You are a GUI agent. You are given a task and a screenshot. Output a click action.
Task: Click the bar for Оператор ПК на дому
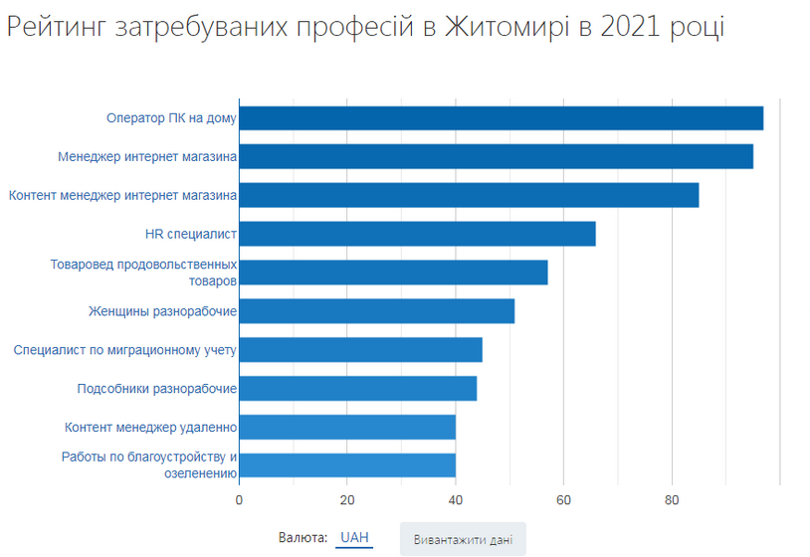click(502, 118)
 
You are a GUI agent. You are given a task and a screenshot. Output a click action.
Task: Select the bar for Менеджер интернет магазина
click(496, 157)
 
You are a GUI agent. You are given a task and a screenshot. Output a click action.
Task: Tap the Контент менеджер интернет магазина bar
click(469, 195)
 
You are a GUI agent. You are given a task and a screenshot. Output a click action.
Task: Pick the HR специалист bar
click(417, 234)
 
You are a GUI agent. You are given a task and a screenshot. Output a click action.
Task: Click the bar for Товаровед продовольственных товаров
click(393, 273)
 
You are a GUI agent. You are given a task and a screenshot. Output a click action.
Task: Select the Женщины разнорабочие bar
click(377, 311)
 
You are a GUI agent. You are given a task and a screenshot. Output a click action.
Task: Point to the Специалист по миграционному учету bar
click(360, 350)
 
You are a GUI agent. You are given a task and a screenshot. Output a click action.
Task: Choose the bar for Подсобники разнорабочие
click(358, 388)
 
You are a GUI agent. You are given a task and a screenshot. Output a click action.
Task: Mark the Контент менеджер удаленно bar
click(347, 427)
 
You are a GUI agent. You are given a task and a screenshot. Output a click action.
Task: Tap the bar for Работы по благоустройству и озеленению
click(347, 465)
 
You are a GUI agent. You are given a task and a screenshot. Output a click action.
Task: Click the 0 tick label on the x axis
click(239, 500)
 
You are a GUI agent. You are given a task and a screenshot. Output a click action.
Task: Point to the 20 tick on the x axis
click(347, 500)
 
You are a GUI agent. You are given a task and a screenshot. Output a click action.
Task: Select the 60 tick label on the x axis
click(563, 500)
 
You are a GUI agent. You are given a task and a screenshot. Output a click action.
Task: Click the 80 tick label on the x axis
click(672, 500)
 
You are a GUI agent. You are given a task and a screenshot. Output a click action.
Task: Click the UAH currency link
click(354, 538)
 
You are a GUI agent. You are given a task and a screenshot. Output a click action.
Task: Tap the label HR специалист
click(191, 235)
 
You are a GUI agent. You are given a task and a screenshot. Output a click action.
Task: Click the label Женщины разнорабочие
click(162, 311)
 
